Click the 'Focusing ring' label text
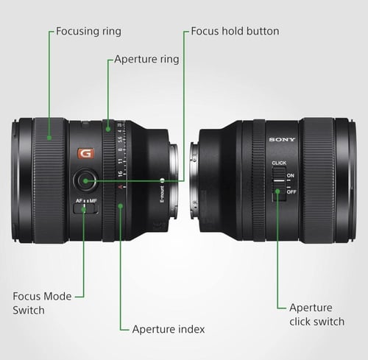click(x=89, y=32)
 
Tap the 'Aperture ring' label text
click(x=146, y=59)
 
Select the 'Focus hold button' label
click(x=235, y=32)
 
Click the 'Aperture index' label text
click(x=168, y=329)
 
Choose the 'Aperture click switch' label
click(x=316, y=314)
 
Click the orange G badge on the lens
click(x=86, y=154)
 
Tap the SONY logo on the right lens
click(x=281, y=139)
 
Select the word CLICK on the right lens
click(x=279, y=163)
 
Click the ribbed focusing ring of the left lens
click(x=49, y=180)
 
